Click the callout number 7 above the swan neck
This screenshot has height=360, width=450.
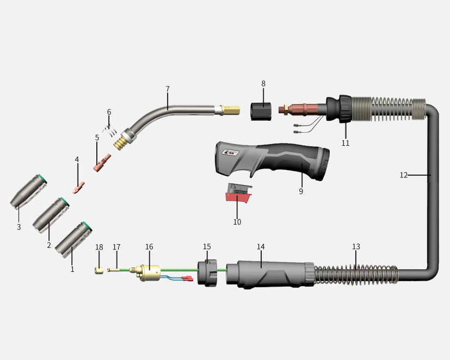[168, 89]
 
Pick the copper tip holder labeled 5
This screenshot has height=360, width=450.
[102, 163]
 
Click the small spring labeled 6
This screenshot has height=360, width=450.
[112, 131]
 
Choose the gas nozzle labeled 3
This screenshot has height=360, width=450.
[29, 192]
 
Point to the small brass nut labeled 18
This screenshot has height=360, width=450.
[98, 270]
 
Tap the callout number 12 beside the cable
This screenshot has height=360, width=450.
[403, 175]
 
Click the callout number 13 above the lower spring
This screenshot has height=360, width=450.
[356, 246]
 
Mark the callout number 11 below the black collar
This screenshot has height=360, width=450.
[346, 143]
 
